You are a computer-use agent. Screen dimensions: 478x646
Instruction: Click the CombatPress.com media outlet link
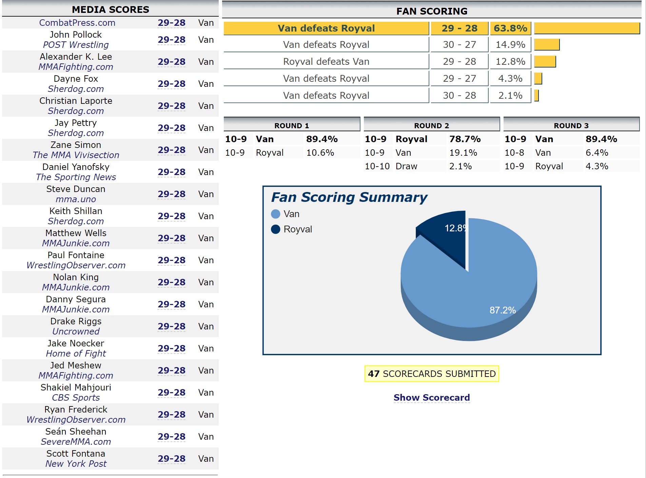pyautogui.click(x=77, y=23)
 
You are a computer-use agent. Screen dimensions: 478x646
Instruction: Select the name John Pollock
pyautogui.click(x=76, y=35)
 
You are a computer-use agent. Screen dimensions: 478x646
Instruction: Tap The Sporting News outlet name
pyautogui.click(x=76, y=177)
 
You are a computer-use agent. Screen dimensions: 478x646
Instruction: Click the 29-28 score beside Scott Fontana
pyautogui.click(x=171, y=459)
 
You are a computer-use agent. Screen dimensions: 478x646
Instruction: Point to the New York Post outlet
pyautogui.click(x=76, y=464)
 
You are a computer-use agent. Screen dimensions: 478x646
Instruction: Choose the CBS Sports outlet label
pyautogui.click(x=76, y=398)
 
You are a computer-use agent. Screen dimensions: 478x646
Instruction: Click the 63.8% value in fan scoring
pyautogui.click(x=510, y=28)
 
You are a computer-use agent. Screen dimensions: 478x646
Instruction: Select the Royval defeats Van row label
pyautogui.click(x=326, y=61)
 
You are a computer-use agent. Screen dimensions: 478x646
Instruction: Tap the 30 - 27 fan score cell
pyautogui.click(x=459, y=44)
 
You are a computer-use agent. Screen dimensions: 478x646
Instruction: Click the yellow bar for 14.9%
pyautogui.click(x=547, y=44)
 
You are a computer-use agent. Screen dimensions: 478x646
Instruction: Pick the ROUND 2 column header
pyautogui.click(x=431, y=126)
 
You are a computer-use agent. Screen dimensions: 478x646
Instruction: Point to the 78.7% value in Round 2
pyautogui.click(x=465, y=139)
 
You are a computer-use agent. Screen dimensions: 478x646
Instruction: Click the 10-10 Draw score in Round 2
pyautogui.click(x=377, y=166)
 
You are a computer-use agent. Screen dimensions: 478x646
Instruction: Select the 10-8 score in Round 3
pyautogui.click(x=514, y=153)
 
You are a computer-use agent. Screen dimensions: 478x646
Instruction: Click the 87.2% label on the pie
pyautogui.click(x=502, y=310)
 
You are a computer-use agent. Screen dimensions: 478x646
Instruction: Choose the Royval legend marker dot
pyautogui.click(x=276, y=229)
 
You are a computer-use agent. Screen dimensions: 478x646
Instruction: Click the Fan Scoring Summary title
pyautogui.click(x=349, y=197)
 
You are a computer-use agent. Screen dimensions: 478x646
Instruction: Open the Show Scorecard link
pyautogui.click(x=431, y=398)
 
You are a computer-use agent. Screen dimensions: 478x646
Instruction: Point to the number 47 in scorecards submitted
pyautogui.click(x=373, y=374)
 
